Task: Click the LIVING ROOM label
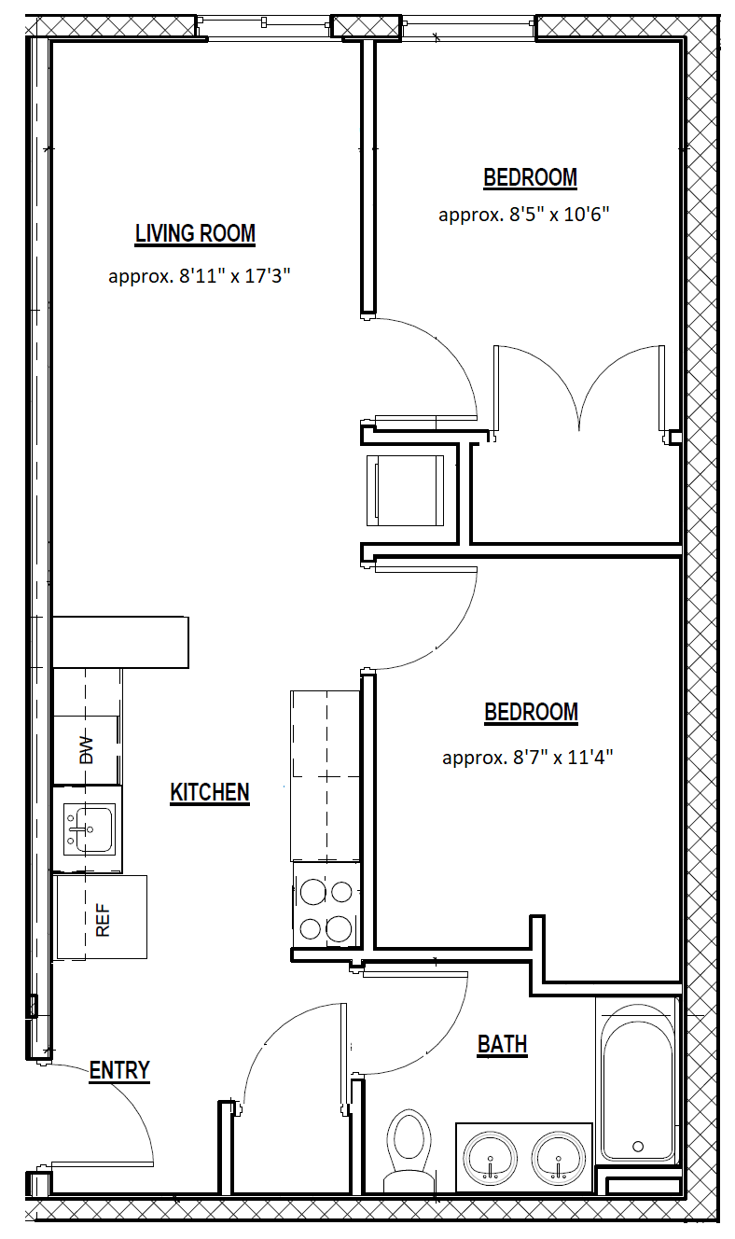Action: pyautogui.click(x=195, y=233)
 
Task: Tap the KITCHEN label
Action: pyautogui.click(x=210, y=792)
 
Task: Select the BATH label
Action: pyautogui.click(x=502, y=1044)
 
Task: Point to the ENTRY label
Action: pyautogui.click(x=119, y=1070)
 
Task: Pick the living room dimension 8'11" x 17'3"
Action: pyautogui.click(x=235, y=275)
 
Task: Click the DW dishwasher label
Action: pyautogui.click(x=87, y=750)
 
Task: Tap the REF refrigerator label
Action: pyautogui.click(x=103, y=921)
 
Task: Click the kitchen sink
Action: pyautogui.click(x=89, y=829)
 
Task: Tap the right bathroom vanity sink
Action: pyautogui.click(x=559, y=1159)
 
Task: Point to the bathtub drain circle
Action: pyautogui.click(x=638, y=1146)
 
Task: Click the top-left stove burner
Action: pyautogui.click(x=313, y=892)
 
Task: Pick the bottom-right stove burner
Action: pyautogui.click(x=339, y=929)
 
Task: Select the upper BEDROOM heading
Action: pyautogui.click(x=531, y=177)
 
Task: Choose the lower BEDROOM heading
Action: pyautogui.click(x=531, y=712)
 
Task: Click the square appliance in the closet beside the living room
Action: pyautogui.click(x=406, y=490)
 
